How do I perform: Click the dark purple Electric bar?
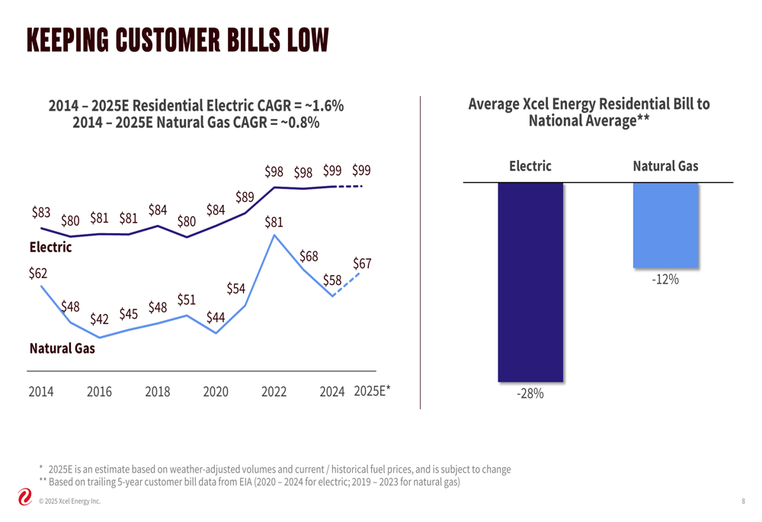(530, 282)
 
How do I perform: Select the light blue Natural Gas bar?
(665, 226)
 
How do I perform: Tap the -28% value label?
(530, 394)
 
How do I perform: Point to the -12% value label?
(665, 280)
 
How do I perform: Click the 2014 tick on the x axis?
(41, 392)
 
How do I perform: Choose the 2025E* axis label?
(373, 392)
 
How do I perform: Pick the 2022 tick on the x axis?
(274, 392)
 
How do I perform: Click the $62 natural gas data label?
(38, 273)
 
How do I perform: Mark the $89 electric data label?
(245, 197)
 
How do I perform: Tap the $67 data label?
(363, 263)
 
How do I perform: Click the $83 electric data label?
(41, 213)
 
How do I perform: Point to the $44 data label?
(216, 316)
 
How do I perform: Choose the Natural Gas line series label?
(62, 349)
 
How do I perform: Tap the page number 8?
(742, 501)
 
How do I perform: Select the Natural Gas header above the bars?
(665, 166)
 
